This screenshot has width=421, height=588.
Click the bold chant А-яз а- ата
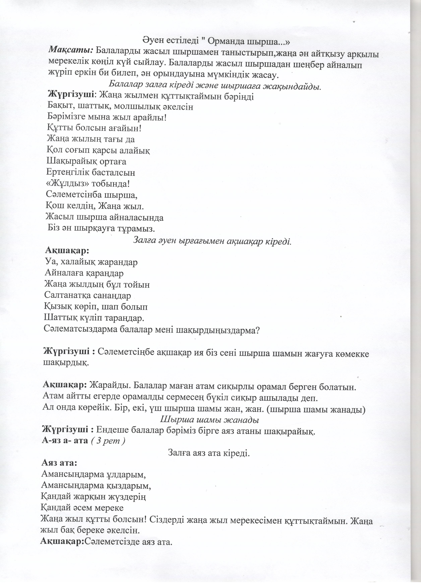click(65, 441)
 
